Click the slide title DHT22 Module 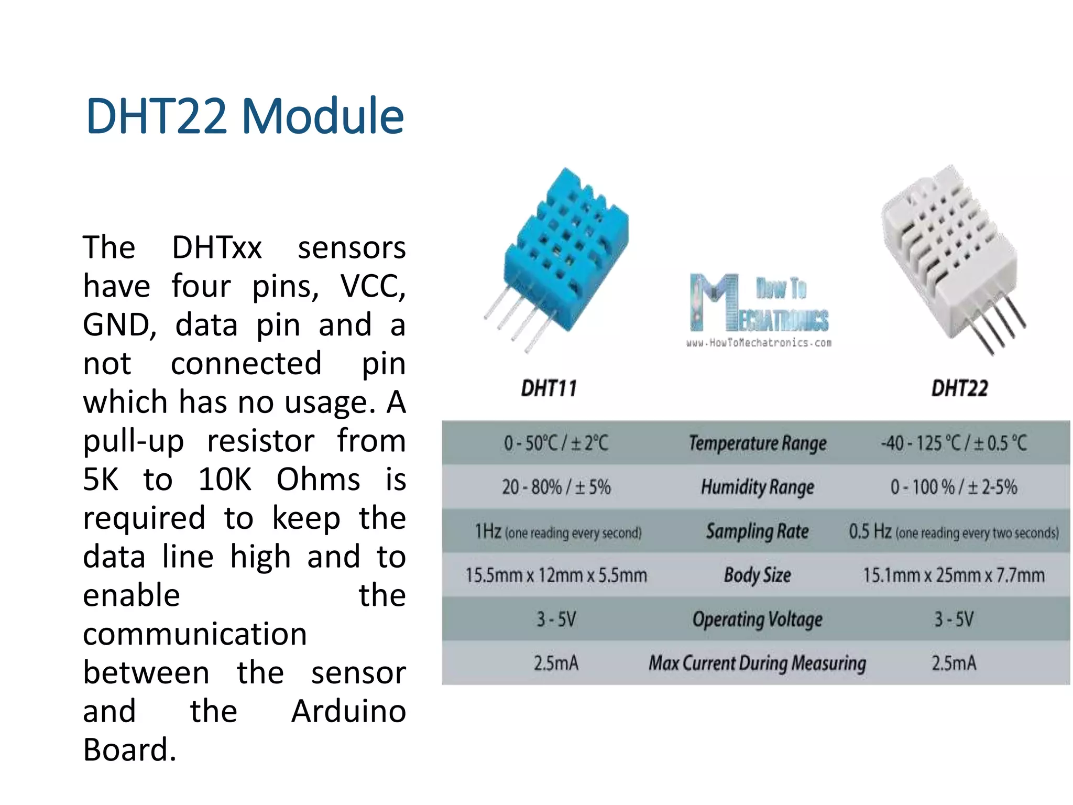(x=245, y=116)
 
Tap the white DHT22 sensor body (x=948, y=252)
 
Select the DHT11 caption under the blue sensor (x=549, y=388)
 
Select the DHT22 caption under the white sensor (x=959, y=388)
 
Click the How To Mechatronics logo (x=759, y=304)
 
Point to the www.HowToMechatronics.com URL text (x=759, y=343)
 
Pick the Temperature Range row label (x=757, y=443)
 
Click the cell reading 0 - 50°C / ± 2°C (x=555, y=443)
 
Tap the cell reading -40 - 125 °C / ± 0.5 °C (x=954, y=443)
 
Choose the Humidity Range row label (x=757, y=487)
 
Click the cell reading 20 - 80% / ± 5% (x=556, y=487)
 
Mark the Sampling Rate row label (x=757, y=531)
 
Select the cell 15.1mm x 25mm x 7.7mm (x=954, y=575)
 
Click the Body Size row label (x=757, y=575)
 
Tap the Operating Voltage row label (x=757, y=619)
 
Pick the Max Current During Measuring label (x=757, y=663)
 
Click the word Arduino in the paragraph (x=348, y=712)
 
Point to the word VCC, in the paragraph (x=373, y=287)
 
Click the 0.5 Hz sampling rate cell (x=954, y=532)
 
